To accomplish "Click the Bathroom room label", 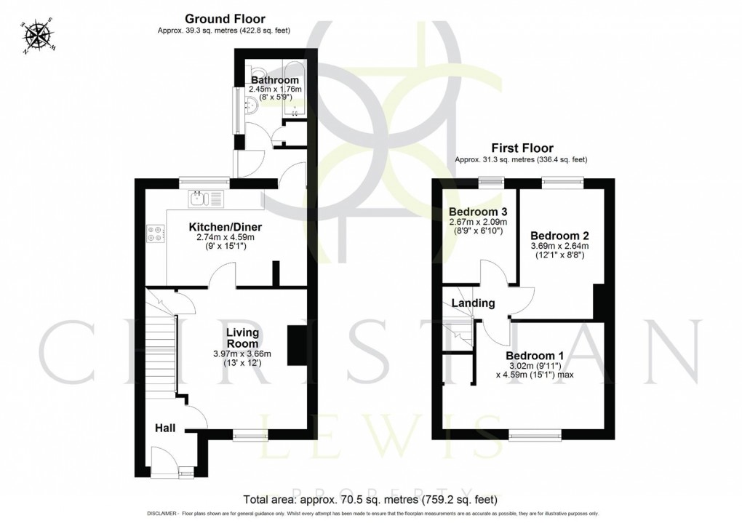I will (x=275, y=79).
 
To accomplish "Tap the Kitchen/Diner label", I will (x=225, y=227).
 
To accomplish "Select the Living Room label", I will (x=242, y=338).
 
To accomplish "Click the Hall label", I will (x=164, y=429).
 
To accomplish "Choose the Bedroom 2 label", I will (x=559, y=236).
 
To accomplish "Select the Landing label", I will (x=473, y=303).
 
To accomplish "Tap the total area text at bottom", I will (x=370, y=500).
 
